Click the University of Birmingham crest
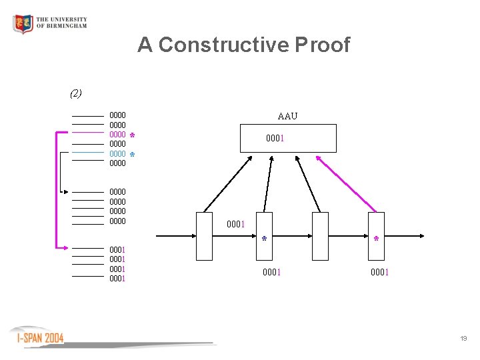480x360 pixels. click(23, 24)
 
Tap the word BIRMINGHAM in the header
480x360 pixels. click(61, 27)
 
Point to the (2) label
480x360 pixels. click(76, 93)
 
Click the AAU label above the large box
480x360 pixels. click(287, 116)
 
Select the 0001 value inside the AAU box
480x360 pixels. click(276, 139)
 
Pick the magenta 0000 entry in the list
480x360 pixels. click(117, 135)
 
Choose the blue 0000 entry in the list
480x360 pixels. click(117, 154)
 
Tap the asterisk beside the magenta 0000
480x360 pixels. click(133, 136)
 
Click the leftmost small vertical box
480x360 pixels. click(204, 235)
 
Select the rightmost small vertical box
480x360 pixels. click(376, 235)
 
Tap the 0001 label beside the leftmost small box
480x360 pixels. click(237, 224)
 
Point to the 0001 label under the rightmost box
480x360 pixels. click(380, 272)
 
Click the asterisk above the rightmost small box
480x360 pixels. click(377, 239)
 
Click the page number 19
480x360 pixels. click(463, 339)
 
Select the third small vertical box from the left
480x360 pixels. click(320, 235)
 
